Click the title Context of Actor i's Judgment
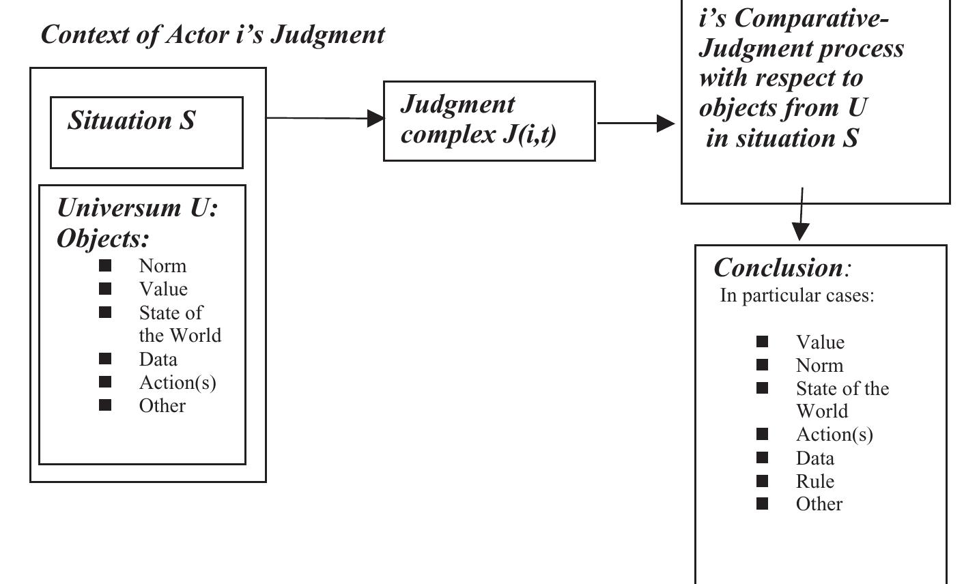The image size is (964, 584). (212, 34)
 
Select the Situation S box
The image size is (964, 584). (146, 132)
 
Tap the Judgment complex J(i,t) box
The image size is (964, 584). (489, 121)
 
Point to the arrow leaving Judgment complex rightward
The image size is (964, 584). (636, 123)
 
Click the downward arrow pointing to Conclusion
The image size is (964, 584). (801, 215)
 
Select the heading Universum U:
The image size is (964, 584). (137, 207)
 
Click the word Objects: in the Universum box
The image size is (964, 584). (102, 238)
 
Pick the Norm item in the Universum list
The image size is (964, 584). (162, 265)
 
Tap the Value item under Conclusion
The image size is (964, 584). (820, 342)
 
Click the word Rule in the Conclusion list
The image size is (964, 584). (814, 481)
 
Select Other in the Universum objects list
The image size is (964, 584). (162, 405)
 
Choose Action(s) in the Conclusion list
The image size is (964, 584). (834, 435)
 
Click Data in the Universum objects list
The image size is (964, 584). (158, 359)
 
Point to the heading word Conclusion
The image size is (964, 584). (778, 267)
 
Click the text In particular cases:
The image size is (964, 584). (797, 295)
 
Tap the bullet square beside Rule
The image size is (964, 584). (762, 481)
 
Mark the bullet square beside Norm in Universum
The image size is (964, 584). (105, 265)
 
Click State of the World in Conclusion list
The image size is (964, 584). (842, 399)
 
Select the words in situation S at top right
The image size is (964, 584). (782, 138)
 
